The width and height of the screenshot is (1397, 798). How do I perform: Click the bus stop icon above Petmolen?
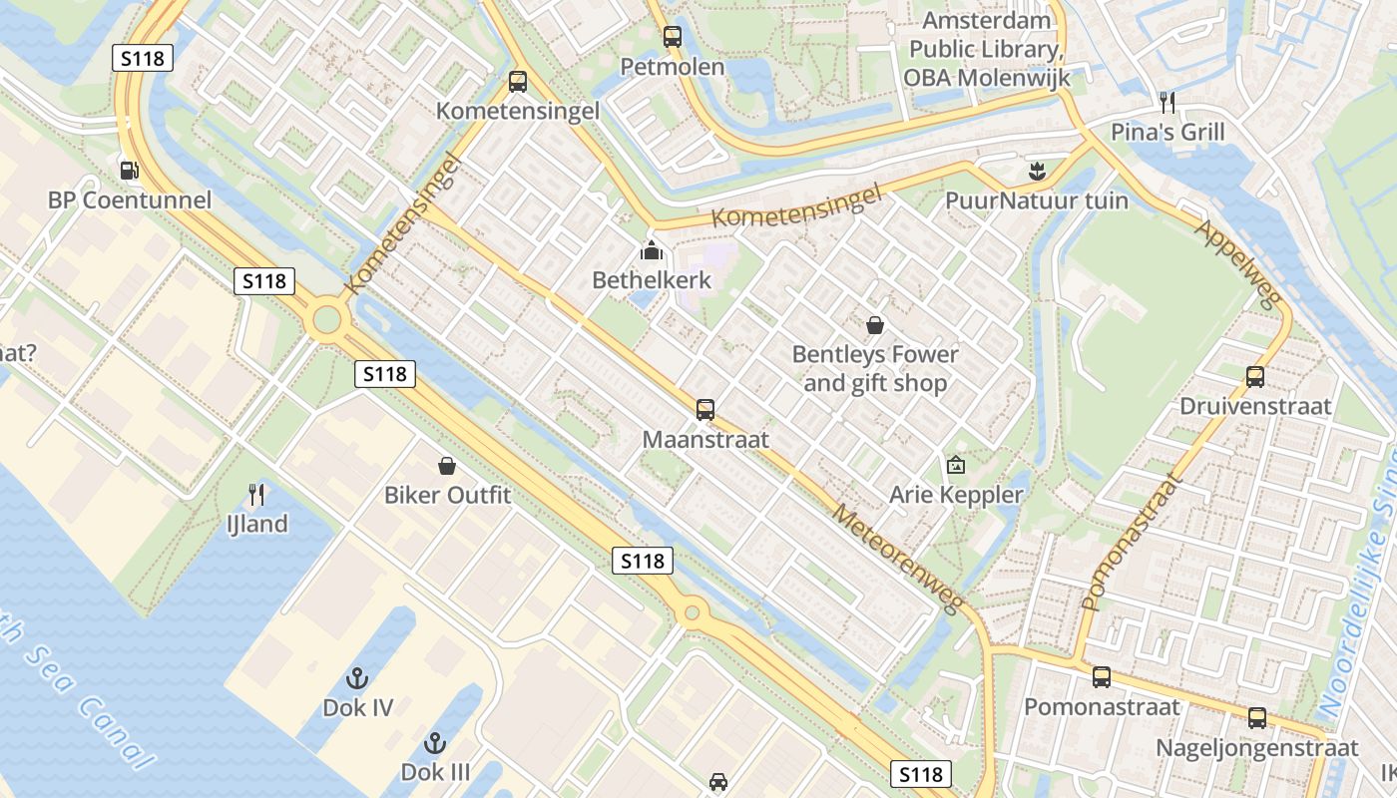pos(673,37)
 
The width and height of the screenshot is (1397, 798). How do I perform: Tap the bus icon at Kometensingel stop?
pos(517,81)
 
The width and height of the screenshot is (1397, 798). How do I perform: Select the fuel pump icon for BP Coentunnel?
pos(129,170)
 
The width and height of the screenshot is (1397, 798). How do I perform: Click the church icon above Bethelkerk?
pos(652,249)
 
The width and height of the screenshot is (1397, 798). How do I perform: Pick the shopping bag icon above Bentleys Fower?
pos(875,324)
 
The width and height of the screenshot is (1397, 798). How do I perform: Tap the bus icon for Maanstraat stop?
pos(705,409)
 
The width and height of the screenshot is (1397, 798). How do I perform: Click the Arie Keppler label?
pos(956,495)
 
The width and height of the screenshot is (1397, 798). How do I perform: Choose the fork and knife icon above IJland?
pos(256,494)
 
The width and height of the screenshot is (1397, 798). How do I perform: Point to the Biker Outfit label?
pos(447,495)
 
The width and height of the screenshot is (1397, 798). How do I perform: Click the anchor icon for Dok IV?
pos(356,678)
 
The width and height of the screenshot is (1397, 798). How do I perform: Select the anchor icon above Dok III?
pos(434,742)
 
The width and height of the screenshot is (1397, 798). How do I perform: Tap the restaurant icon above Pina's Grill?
pos(1167,102)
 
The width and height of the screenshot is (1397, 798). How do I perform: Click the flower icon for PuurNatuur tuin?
pos(1037,171)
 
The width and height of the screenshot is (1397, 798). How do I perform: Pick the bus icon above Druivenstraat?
pos(1255,377)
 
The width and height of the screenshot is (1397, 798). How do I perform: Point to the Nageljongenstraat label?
pos(1257,747)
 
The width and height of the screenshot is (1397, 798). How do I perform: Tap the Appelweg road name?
pos(1237,264)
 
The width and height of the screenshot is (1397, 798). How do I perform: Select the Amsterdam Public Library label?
pos(987,49)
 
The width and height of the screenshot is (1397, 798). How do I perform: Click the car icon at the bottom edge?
pos(718,782)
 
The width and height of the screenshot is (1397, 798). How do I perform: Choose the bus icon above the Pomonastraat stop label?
pos(1102,677)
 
